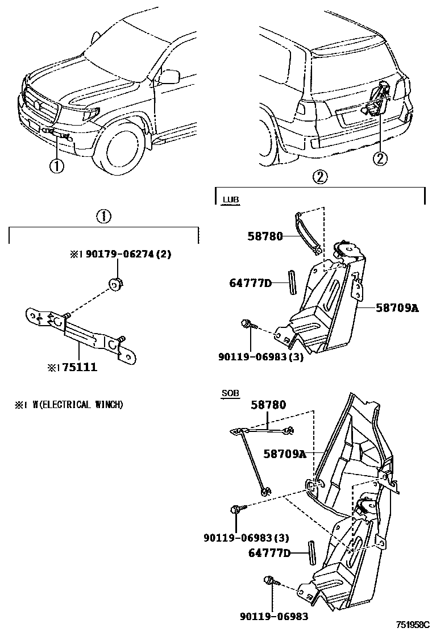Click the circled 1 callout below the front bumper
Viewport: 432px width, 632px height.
point(57,165)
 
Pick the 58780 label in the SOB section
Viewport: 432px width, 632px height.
point(269,405)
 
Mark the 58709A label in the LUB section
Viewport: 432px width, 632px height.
point(396,308)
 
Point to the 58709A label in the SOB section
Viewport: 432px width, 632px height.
point(284,454)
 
